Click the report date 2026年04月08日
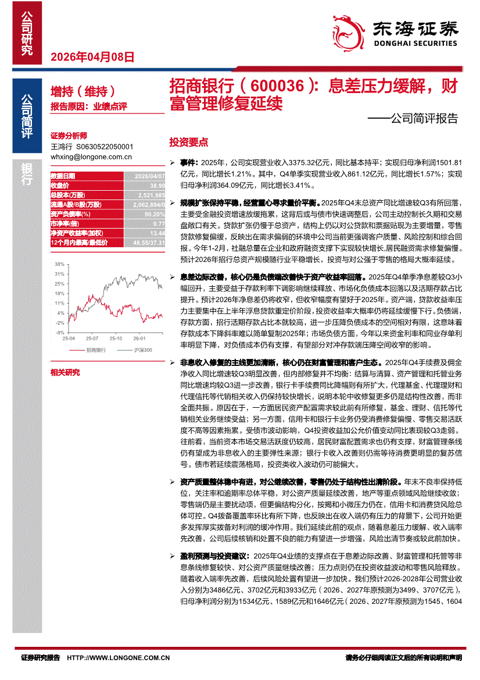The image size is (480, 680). pos(93,57)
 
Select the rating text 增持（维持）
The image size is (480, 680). pos(83,91)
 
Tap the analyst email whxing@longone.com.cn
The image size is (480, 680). pos(91,156)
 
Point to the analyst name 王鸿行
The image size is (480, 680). pos(60,148)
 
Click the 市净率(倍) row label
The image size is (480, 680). pos(64,223)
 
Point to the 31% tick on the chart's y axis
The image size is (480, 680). pos(60,273)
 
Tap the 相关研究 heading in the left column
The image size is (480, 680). pos(65,372)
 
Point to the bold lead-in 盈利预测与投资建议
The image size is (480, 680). pos(214,556)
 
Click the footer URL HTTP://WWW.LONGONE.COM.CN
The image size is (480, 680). pos(119,658)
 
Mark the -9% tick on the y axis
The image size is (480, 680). pos(60,332)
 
